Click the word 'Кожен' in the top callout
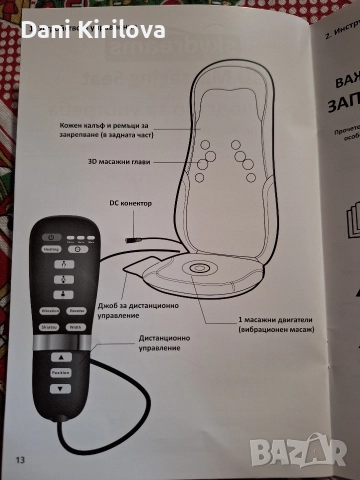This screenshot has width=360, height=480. (74, 126)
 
